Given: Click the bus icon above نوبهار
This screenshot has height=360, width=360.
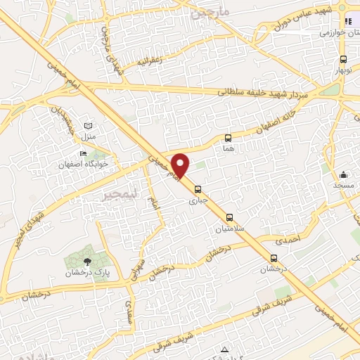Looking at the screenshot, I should [343, 60].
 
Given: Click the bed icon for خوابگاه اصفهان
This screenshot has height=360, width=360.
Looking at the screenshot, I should [84, 154].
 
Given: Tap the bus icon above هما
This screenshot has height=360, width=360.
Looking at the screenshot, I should [228, 138].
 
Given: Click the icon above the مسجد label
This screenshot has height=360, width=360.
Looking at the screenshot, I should [343, 174].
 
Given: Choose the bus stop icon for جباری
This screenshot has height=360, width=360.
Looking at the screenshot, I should [198, 188].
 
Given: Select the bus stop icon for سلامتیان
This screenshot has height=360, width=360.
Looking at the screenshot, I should [229, 217].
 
